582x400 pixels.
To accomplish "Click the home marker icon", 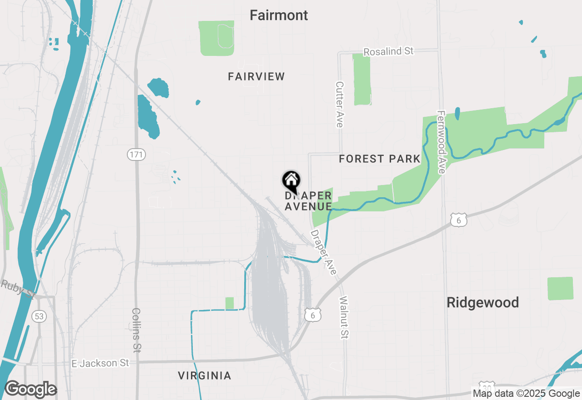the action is tap(291, 181).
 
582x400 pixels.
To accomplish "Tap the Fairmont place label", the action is tap(279, 15).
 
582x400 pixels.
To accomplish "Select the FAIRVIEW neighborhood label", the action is tap(256, 76).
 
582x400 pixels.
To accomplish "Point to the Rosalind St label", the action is tap(389, 51).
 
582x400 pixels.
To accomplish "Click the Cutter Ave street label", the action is tap(339, 104).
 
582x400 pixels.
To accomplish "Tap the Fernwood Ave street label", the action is tap(441, 142).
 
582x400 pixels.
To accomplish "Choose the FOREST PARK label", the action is tap(380, 159).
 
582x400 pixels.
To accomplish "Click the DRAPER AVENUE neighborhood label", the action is tap(308, 201).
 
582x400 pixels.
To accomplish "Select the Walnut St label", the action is tap(344, 317).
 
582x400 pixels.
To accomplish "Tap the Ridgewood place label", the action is tap(482, 303).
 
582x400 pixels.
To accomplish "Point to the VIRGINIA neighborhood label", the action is tap(205, 376).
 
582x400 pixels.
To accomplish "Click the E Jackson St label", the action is tap(100, 363).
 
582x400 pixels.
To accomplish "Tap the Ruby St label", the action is tap(18, 289).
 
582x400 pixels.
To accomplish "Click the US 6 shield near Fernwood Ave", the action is tap(458, 220).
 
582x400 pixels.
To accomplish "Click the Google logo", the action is tap(30, 390).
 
